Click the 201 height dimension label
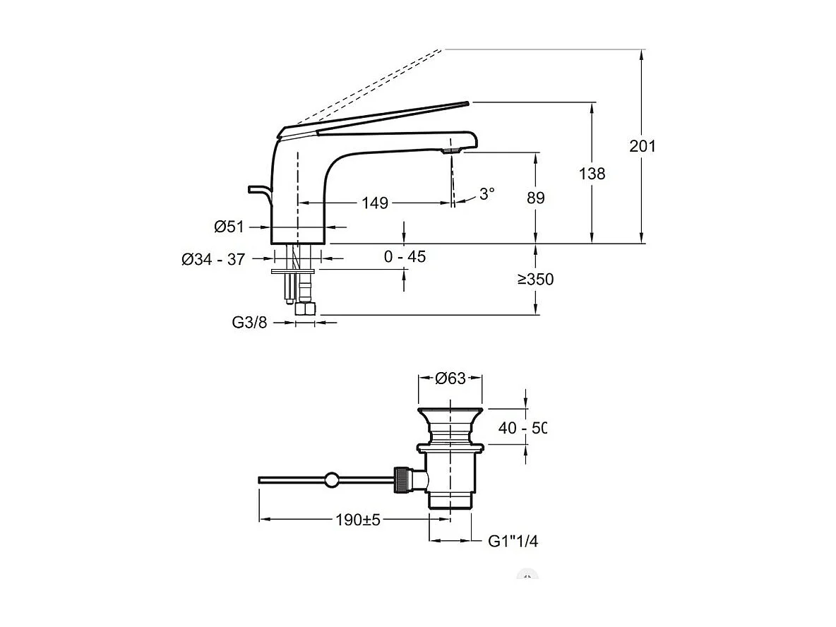click(643, 146)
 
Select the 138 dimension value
click(592, 173)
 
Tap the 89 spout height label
click(536, 198)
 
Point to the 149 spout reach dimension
click(375, 203)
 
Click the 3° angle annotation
click(487, 193)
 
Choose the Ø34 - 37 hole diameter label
click(213, 260)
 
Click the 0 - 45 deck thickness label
click(405, 257)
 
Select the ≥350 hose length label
click(535, 280)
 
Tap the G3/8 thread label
click(249, 323)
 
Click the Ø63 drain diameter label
click(450, 378)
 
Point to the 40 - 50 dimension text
click(523, 428)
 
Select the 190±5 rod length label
click(357, 520)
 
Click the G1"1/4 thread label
click(513, 542)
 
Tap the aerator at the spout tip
click(450, 150)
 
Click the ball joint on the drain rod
click(331, 481)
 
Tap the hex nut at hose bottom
click(306, 309)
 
